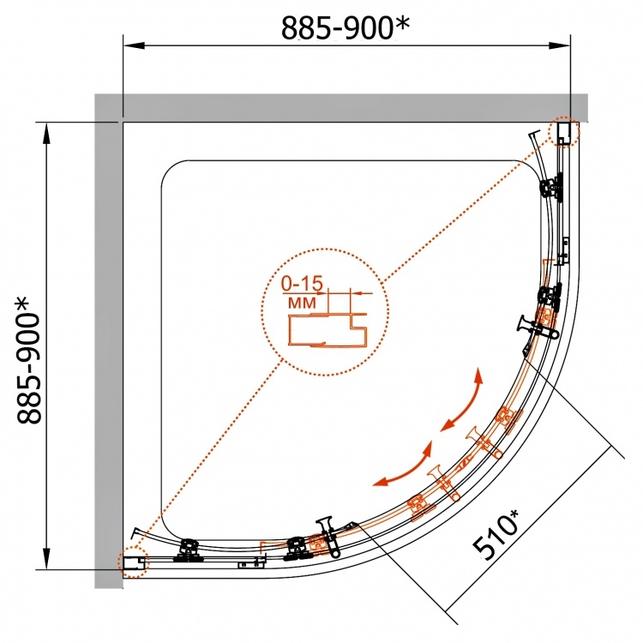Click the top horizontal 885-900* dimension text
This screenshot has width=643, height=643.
tap(345, 27)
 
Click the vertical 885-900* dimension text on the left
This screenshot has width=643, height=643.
tap(28, 359)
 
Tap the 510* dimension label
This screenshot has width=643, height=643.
tap(496, 534)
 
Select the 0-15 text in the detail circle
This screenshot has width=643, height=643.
tap(303, 283)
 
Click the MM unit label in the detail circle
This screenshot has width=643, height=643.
tap(303, 303)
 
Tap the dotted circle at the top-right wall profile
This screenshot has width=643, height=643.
tap(564, 131)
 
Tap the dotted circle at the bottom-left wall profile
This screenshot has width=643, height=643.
tap(133, 562)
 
